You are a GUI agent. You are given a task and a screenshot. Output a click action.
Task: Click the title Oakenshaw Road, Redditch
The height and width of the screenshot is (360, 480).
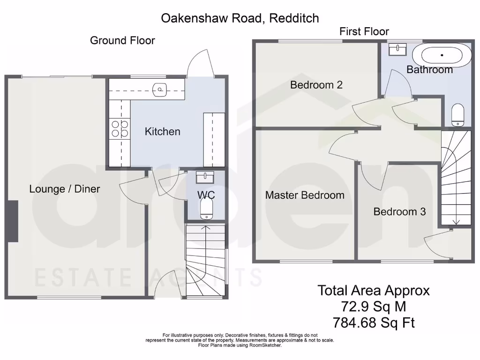click(x=240, y=18)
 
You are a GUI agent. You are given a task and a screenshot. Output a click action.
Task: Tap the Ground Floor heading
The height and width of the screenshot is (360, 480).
click(x=122, y=40)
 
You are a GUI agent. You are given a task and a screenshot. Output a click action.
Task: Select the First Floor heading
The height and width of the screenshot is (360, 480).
click(x=364, y=32)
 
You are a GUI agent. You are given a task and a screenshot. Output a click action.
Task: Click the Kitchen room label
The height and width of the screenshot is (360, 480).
click(x=162, y=131)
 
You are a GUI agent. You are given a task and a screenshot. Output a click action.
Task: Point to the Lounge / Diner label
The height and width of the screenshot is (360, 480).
click(x=65, y=189)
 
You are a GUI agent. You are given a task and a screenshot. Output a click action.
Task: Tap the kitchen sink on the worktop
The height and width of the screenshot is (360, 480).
click(x=160, y=90)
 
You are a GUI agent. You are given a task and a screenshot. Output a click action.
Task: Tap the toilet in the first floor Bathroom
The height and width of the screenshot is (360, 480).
click(x=457, y=115)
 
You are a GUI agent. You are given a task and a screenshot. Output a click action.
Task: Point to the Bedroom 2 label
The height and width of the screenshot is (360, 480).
click(x=316, y=85)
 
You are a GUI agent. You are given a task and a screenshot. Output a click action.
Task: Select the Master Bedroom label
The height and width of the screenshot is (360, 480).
click(x=305, y=195)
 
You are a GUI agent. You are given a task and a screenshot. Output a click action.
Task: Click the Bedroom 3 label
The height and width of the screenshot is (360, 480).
click(x=399, y=211)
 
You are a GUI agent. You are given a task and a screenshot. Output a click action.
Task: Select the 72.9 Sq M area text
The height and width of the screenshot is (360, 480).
click(x=374, y=307)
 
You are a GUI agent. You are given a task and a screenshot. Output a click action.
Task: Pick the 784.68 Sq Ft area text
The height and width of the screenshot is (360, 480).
click(x=374, y=322)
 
